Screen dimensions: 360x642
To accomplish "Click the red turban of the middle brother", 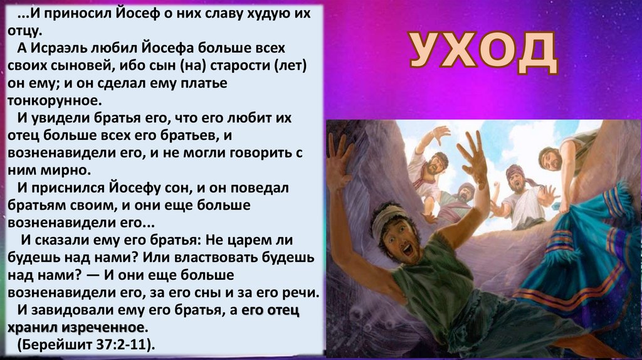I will point(514,170).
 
